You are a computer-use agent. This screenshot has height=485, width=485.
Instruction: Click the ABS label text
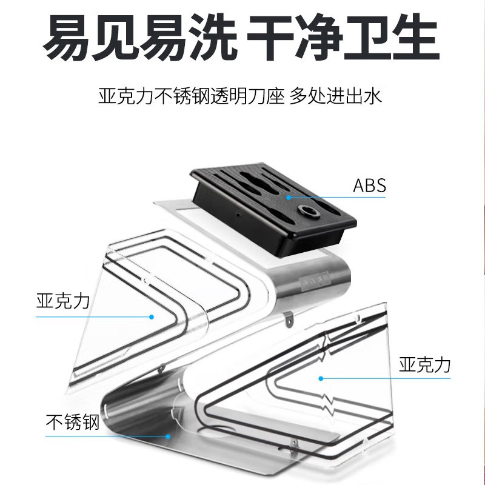pos(369,186)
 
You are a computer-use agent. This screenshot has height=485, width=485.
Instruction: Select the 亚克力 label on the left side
pos(62,301)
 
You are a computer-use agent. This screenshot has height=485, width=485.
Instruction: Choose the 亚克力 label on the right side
pos(424,364)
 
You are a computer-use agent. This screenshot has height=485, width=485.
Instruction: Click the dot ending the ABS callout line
pos(289,196)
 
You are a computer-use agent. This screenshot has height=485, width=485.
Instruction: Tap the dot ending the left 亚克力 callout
pos(152,316)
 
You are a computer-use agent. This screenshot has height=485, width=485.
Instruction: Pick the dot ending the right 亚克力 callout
pos(321,378)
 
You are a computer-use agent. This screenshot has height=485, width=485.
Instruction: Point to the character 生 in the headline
pos(413,38)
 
